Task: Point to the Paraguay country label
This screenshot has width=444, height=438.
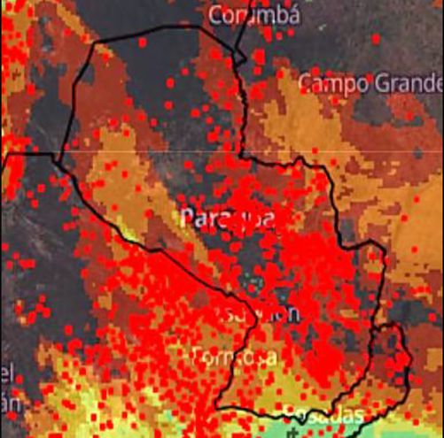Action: pos(226,218)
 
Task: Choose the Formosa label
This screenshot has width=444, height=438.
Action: pos(235,357)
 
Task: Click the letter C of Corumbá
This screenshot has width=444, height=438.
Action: pos(216,15)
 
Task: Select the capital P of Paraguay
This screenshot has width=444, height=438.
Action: pos(189,218)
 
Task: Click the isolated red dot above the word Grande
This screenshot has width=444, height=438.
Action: pos(376,39)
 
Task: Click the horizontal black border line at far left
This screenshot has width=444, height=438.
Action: pos(27,154)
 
